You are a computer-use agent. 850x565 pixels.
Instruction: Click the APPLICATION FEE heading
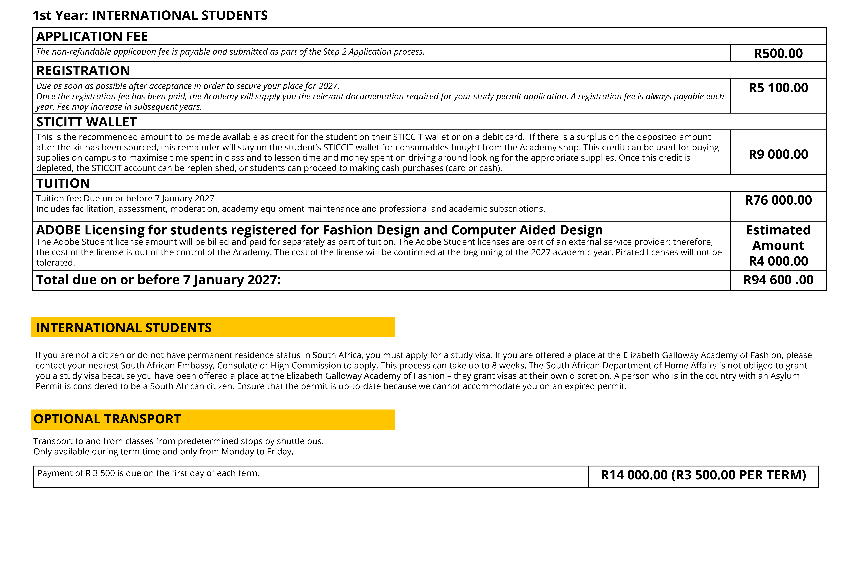[x=92, y=36]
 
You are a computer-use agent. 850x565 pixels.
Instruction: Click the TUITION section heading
[x=63, y=183]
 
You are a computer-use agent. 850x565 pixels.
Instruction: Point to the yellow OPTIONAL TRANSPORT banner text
[x=107, y=419]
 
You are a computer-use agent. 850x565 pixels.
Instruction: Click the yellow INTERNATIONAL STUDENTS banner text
[x=124, y=328]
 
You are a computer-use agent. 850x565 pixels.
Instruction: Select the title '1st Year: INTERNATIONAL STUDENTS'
[x=150, y=16]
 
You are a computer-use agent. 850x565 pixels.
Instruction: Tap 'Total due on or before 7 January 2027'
[x=158, y=280]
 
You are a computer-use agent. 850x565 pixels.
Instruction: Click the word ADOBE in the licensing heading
[x=58, y=230]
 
